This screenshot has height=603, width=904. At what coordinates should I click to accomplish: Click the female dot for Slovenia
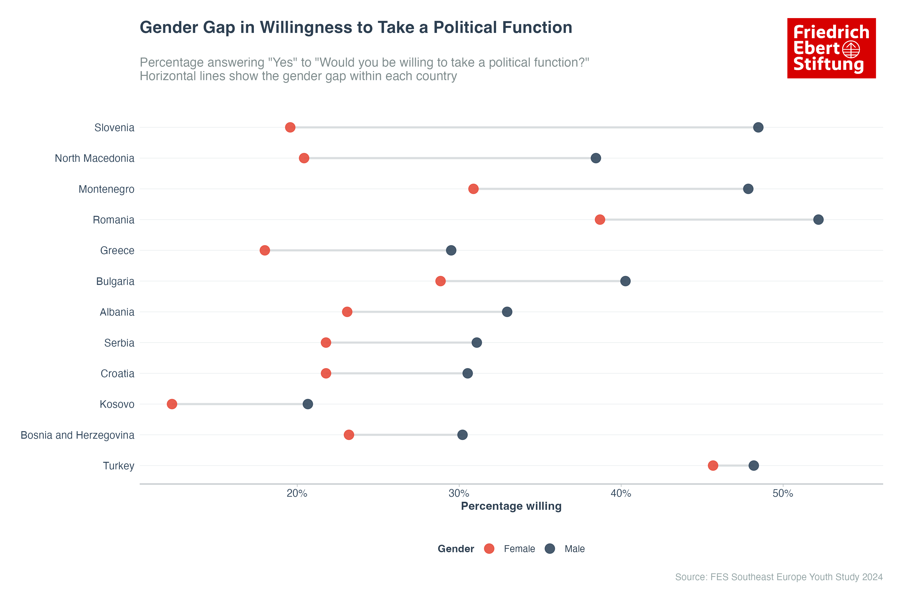(x=290, y=127)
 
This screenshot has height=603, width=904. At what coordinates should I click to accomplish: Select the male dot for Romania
(x=818, y=220)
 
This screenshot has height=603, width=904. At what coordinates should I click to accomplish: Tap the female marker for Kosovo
(x=172, y=404)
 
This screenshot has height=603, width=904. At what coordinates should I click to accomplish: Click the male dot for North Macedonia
(x=596, y=158)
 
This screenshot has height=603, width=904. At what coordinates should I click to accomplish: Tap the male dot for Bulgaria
(x=625, y=281)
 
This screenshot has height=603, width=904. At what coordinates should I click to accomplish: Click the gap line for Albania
(x=427, y=312)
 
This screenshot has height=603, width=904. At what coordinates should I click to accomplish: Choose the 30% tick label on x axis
(x=459, y=493)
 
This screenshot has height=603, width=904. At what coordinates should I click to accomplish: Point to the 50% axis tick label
(x=783, y=493)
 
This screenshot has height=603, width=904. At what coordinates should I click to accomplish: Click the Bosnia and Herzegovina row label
(x=77, y=435)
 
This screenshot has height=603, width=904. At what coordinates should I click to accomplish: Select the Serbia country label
(x=119, y=343)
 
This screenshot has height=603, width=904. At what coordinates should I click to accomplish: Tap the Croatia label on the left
(x=117, y=373)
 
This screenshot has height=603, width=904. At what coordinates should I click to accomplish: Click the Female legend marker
(x=489, y=549)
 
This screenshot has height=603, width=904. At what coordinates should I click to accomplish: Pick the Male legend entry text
(x=575, y=549)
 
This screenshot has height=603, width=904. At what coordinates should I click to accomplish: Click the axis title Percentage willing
(x=511, y=506)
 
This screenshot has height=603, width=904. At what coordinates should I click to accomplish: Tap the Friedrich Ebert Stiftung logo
(x=831, y=48)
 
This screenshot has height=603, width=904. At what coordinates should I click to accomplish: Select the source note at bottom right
(x=779, y=577)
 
